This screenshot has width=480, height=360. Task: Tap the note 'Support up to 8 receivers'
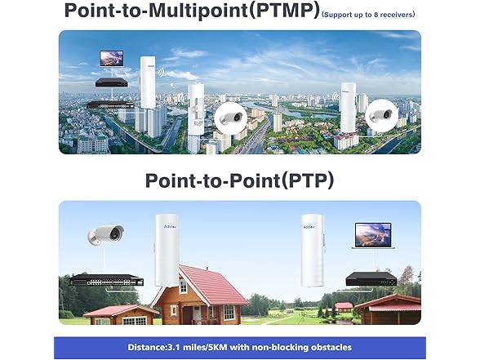coord(368,15)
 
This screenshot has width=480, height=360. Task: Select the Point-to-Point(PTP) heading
coord(239,180)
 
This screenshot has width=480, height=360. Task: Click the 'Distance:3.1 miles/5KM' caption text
coord(240,347)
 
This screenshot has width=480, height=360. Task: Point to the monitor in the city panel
coord(111,59)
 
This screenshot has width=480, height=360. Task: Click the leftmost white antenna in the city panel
coord(147,81)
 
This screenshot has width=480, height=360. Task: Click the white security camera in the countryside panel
coord(105,235)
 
